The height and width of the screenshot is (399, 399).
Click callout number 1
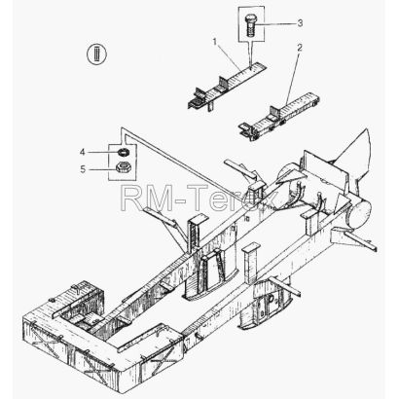[x=214, y=42]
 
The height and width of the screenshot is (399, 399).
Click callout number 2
[x=300, y=48]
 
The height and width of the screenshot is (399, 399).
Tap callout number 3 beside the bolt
[x=301, y=23]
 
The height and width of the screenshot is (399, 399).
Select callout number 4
[x=83, y=152]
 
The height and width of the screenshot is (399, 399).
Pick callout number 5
[x=83, y=169]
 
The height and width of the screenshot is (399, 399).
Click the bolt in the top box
[x=250, y=25]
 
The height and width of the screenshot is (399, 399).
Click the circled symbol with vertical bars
[x=97, y=54]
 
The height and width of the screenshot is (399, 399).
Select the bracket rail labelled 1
[x=226, y=87]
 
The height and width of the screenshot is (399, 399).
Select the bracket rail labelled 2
[x=279, y=116]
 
